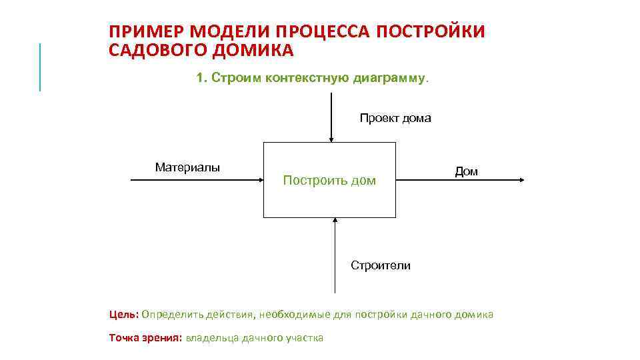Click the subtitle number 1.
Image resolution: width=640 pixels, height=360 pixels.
click(201, 78)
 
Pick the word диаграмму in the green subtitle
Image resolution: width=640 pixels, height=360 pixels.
click(391, 78)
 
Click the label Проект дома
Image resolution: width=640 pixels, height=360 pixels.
click(395, 119)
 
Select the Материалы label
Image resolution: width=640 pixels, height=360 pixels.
click(187, 167)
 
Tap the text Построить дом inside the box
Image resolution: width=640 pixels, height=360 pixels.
click(329, 181)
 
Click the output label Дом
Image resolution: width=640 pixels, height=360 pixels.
click(466, 172)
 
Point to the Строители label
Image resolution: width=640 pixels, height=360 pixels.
click(381, 266)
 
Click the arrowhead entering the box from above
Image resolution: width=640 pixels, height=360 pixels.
click(331, 139)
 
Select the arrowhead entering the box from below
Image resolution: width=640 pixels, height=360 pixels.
click(335, 221)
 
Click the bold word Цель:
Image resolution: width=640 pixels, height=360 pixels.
click(124, 315)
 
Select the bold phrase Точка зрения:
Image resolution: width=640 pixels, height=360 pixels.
click(145, 338)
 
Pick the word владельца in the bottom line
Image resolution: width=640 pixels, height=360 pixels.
click(210, 338)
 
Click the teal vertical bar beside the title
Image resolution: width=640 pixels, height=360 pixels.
click(40, 67)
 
